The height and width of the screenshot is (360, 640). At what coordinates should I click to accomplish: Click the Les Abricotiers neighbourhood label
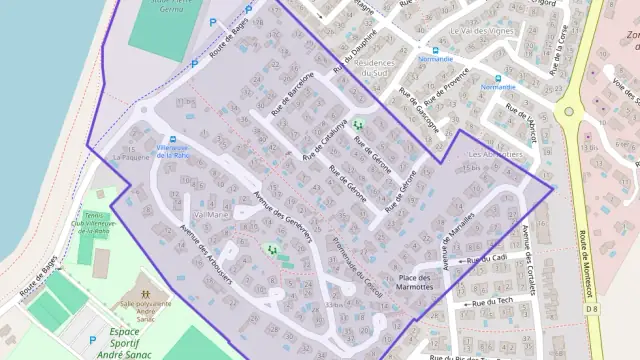pos(495,155)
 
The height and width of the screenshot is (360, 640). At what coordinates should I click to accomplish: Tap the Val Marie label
pos(210,214)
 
